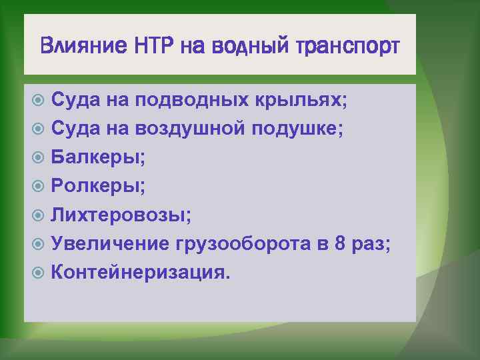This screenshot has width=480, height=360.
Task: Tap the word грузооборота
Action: tap(243, 244)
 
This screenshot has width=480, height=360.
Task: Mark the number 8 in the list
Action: tap(340, 243)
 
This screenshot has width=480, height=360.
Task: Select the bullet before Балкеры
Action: tap(39, 158)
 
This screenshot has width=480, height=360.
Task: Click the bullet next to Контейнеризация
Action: tap(39, 272)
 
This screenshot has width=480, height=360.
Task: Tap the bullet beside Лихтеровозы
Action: tap(39, 215)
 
